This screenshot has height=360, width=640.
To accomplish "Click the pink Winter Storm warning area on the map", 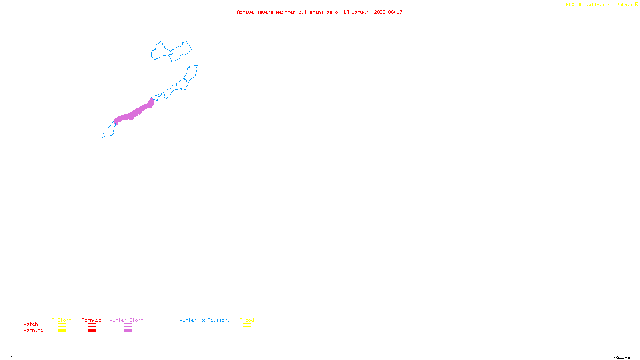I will click(x=134, y=113).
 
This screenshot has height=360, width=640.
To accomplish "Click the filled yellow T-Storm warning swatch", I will click(x=62, y=331).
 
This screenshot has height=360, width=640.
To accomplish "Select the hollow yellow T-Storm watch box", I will click(x=62, y=325).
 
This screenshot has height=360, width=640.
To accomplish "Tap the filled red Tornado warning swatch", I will click(x=92, y=331).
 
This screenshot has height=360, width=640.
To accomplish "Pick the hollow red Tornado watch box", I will click(x=92, y=325).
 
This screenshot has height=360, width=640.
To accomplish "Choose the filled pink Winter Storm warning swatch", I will click(x=128, y=331).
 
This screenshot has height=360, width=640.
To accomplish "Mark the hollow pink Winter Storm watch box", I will click(x=128, y=325).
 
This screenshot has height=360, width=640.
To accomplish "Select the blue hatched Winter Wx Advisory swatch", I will click(x=204, y=331).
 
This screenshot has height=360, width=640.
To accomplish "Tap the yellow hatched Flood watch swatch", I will click(x=247, y=325).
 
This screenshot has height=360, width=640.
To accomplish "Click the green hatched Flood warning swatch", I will click(x=247, y=331).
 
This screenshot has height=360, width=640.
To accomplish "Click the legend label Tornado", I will click(x=92, y=320).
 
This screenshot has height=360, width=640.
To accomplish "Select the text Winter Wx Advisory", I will click(x=205, y=320).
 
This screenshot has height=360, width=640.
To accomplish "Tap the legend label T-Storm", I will click(x=62, y=320).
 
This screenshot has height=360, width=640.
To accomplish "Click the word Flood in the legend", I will click(x=247, y=320).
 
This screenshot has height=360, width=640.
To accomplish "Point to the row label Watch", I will click(x=31, y=324).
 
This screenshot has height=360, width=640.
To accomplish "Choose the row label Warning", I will click(x=34, y=330).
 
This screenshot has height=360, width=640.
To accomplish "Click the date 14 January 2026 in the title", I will click(x=364, y=12).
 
